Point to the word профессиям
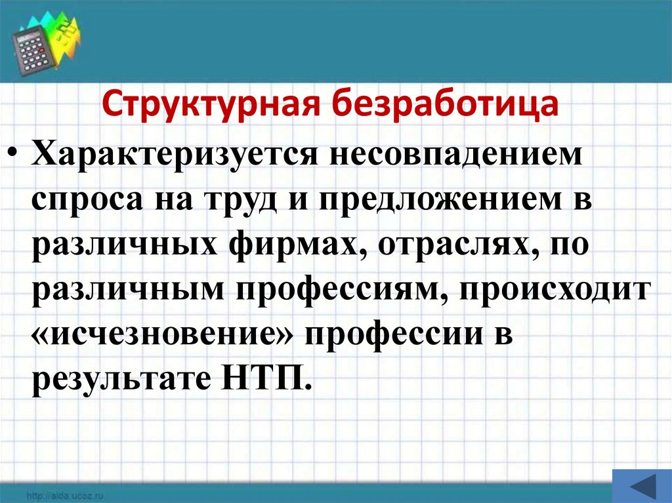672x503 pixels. pyautogui.click(x=331, y=289)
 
